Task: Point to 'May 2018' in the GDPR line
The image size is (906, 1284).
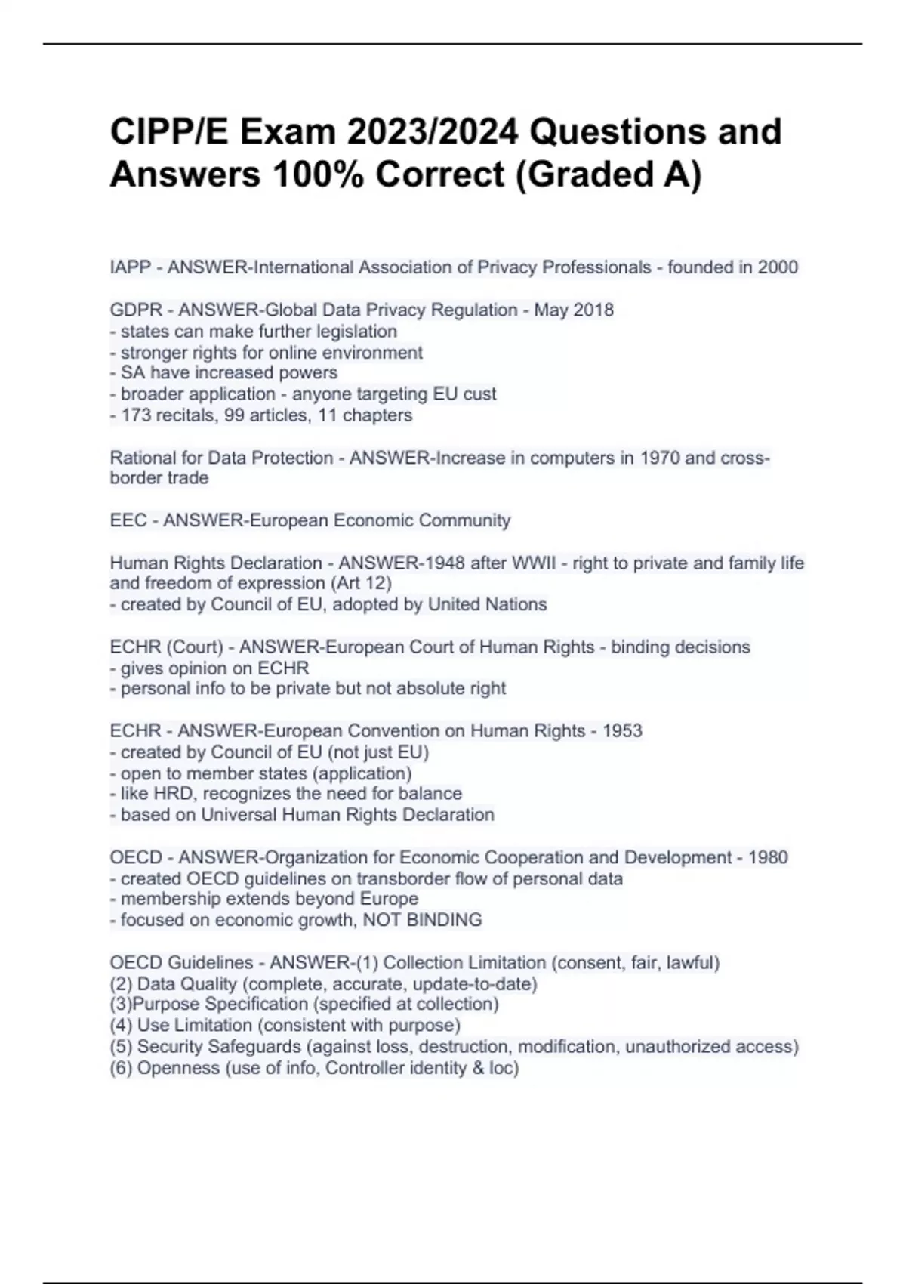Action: click(x=574, y=310)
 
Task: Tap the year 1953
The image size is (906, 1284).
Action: click(x=622, y=731)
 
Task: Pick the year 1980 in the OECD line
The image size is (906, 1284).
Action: click(x=768, y=857)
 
